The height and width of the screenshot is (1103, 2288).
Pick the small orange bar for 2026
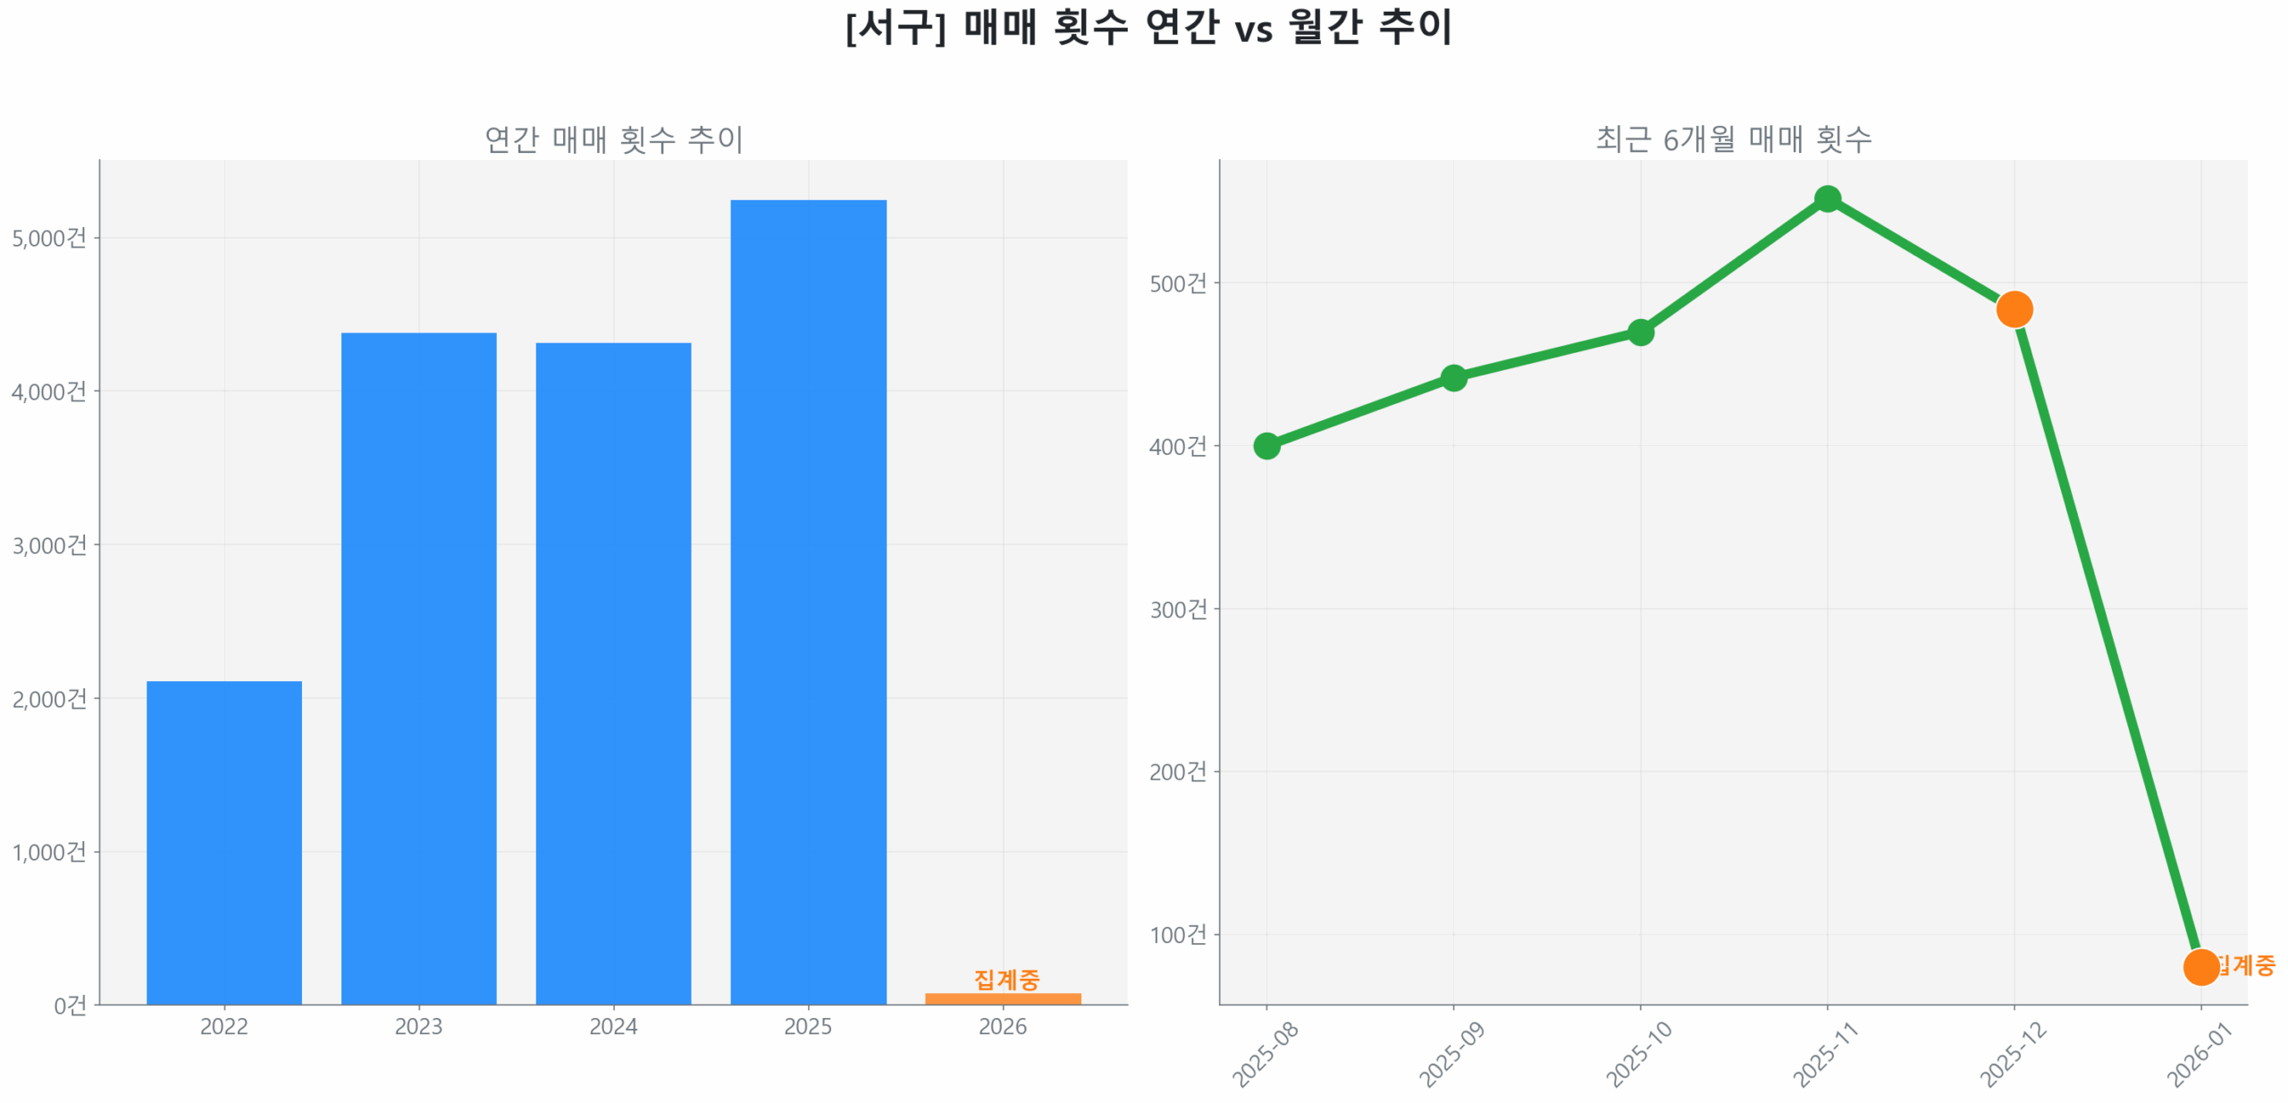pos(1002,998)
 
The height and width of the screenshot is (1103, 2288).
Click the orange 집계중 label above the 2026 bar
pos(1005,979)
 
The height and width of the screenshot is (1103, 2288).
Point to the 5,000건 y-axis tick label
pos(49,238)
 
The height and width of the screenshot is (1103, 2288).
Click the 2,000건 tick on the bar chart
pos(49,698)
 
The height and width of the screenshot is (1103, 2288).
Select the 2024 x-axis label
pos(612,1025)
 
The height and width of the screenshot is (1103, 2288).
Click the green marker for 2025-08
pos(1266,445)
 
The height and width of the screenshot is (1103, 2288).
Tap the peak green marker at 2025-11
pos(1827,198)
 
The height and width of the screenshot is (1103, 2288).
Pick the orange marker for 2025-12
pos(2013,309)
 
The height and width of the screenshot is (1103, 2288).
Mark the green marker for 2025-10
pos(1639,333)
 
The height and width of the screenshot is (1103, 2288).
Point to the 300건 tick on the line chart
pos(1177,609)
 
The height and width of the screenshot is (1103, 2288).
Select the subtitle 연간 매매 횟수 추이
pos(613,139)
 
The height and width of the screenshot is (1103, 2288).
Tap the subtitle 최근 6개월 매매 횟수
pos(1732,139)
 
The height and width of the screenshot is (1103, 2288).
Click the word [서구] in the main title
pos(895,27)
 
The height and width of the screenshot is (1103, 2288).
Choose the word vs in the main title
pos(1252,30)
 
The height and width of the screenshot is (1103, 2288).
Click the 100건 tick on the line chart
pos(1177,934)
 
